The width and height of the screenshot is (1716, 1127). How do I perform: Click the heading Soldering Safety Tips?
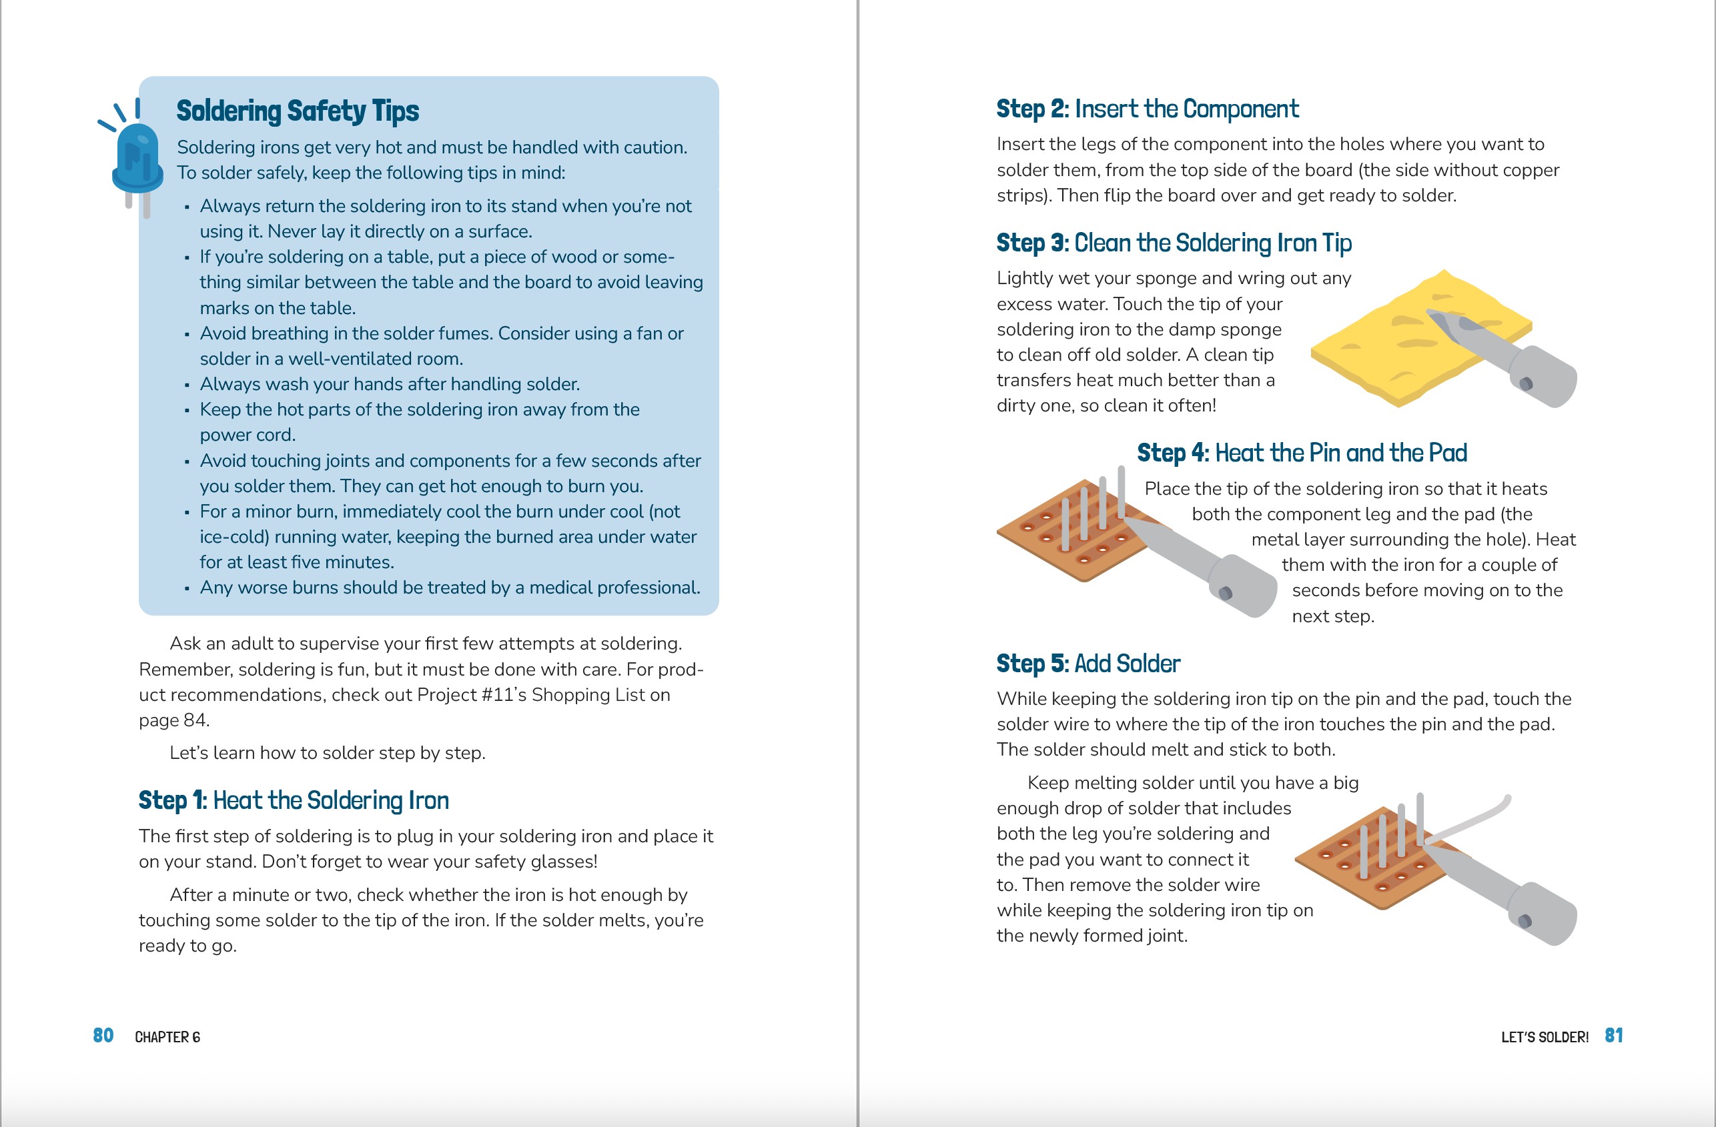(x=297, y=111)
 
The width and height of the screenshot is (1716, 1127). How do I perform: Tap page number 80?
(x=103, y=1036)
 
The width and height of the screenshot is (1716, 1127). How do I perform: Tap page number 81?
(x=1614, y=1036)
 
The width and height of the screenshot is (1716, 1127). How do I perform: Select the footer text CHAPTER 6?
(x=167, y=1037)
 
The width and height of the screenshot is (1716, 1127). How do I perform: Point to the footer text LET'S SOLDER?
(x=1545, y=1037)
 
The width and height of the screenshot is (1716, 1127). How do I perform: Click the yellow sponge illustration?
(x=1370, y=346)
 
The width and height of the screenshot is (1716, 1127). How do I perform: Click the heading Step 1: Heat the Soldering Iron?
(x=294, y=801)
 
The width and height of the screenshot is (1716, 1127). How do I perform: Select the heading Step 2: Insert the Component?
(x=1147, y=109)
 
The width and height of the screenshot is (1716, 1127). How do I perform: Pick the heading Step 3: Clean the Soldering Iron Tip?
(x=1174, y=243)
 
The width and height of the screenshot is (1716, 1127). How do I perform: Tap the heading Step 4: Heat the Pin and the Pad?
(x=1302, y=453)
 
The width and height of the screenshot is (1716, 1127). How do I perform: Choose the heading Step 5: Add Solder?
(x=1088, y=664)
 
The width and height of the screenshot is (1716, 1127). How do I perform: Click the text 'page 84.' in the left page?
(x=173, y=720)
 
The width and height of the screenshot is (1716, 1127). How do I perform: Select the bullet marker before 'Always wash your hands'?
(x=187, y=385)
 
